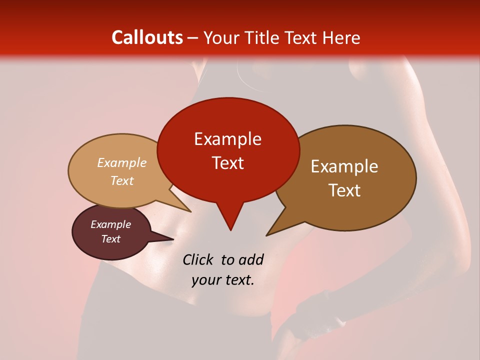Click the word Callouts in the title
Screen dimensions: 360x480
point(147,37)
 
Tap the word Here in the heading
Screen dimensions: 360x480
point(341,37)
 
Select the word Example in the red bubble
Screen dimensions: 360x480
point(227,139)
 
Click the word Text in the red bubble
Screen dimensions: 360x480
point(227,162)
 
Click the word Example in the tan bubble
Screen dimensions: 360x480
point(122,162)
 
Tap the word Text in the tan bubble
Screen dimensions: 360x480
point(122,180)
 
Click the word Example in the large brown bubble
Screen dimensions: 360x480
point(344,166)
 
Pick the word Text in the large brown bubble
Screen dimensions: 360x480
point(344,190)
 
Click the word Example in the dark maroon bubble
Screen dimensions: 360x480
point(111,224)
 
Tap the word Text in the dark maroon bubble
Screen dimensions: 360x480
point(111,239)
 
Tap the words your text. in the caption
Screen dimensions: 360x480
point(222,280)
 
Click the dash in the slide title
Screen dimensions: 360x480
point(193,38)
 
